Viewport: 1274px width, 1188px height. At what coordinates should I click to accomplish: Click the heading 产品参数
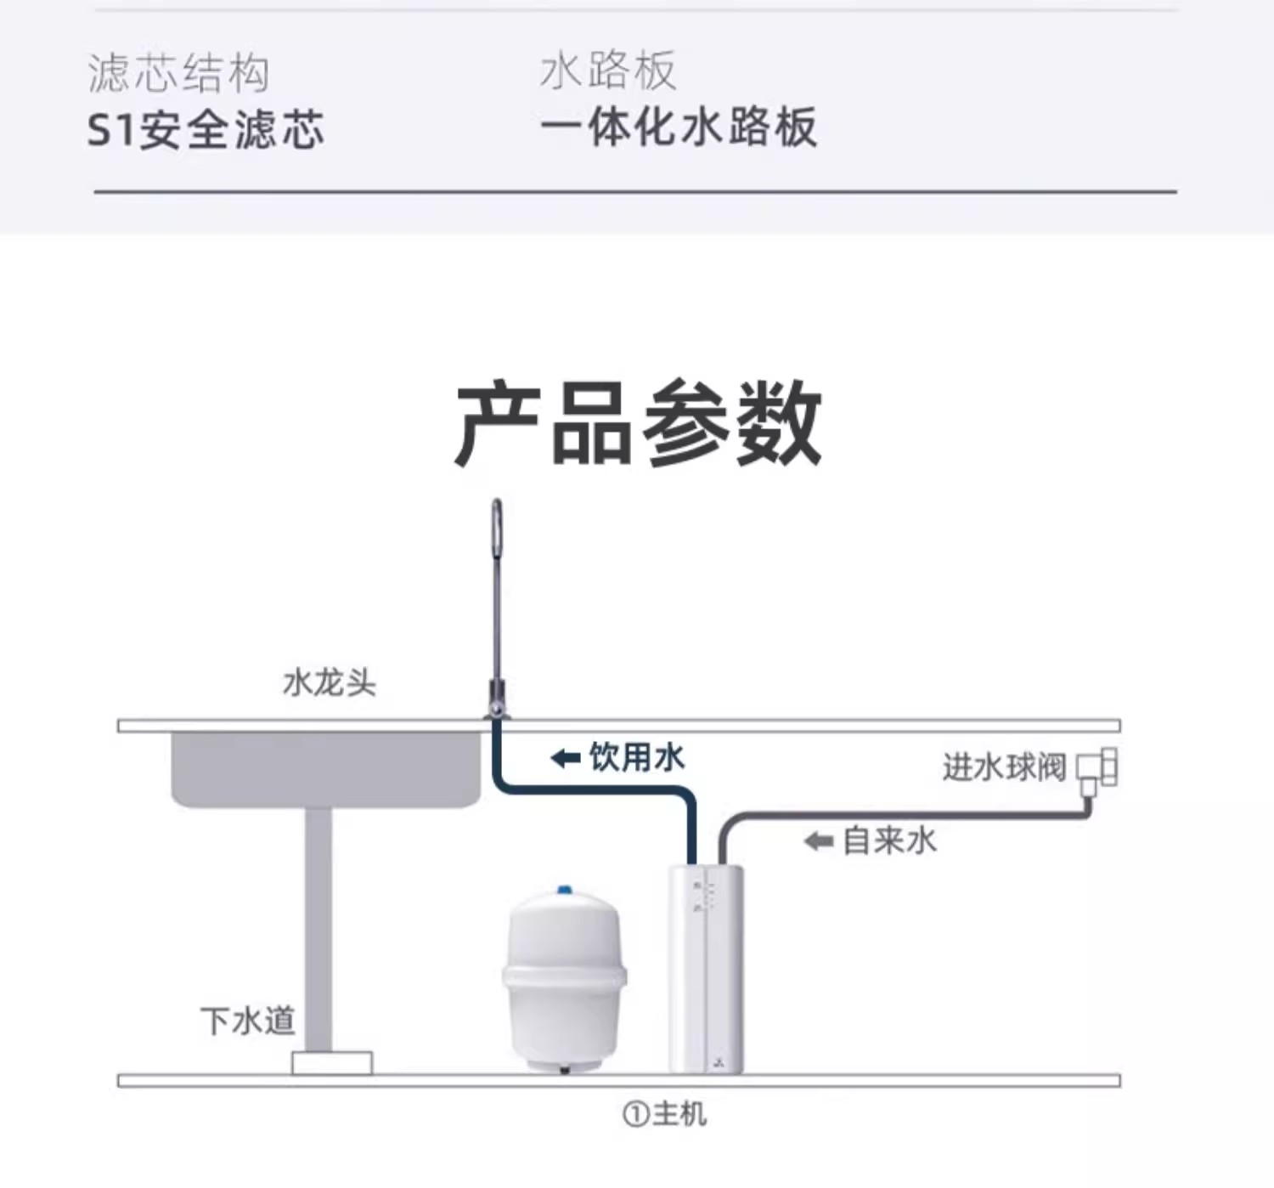click(638, 423)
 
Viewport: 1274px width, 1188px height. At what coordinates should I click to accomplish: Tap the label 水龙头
click(329, 682)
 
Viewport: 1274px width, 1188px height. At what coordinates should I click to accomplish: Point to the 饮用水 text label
click(636, 758)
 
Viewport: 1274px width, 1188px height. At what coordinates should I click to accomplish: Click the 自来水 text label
click(890, 840)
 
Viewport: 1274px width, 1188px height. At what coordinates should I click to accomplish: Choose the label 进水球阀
click(1004, 767)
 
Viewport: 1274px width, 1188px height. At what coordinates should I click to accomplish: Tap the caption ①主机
click(664, 1114)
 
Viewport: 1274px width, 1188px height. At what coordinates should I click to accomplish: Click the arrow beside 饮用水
click(566, 759)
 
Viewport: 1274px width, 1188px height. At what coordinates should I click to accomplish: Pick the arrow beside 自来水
click(820, 841)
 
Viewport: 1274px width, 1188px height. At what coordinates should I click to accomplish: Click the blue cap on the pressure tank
click(565, 890)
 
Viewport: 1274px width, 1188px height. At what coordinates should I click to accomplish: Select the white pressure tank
click(564, 980)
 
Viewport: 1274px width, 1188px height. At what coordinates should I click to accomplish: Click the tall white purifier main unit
click(706, 969)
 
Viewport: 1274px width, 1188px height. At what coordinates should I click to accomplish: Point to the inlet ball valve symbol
click(1097, 772)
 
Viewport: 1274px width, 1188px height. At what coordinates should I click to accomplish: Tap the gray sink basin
click(326, 770)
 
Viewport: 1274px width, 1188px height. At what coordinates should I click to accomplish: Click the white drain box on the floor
click(331, 1062)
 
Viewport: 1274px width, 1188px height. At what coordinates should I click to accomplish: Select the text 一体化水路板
click(679, 127)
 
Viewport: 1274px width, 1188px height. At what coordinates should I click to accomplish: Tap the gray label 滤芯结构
click(178, 72)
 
